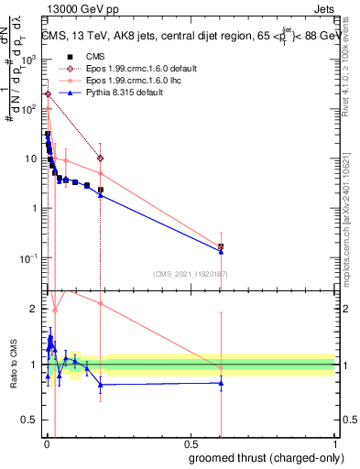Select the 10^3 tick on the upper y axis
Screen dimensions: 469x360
(27, 60)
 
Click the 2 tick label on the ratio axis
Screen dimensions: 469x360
(34, 309)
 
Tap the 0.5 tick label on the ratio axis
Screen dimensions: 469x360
(30, 421)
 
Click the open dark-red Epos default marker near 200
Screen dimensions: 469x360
(48, 94)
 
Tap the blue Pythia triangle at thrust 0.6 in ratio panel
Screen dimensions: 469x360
(221, 383)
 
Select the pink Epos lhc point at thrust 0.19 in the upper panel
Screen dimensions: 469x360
(101, 174)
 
